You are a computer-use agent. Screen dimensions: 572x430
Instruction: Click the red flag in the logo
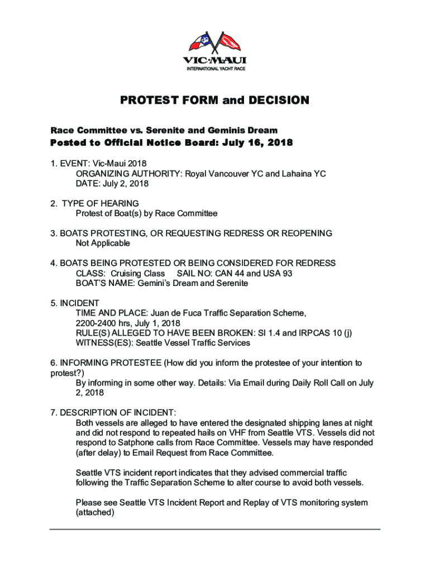pos(229,42)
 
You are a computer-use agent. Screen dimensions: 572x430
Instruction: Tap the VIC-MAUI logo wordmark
pos(215,60)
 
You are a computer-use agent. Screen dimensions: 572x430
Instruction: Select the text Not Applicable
pos(103,244)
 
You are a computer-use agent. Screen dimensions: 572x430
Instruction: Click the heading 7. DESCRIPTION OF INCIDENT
pos(113,413)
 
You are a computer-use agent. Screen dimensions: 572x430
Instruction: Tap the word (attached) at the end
pos(95,512)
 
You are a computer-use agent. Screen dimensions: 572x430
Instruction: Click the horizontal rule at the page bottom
pos(215,529)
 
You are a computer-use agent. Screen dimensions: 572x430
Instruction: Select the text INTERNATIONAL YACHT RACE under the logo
pos(215,69)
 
